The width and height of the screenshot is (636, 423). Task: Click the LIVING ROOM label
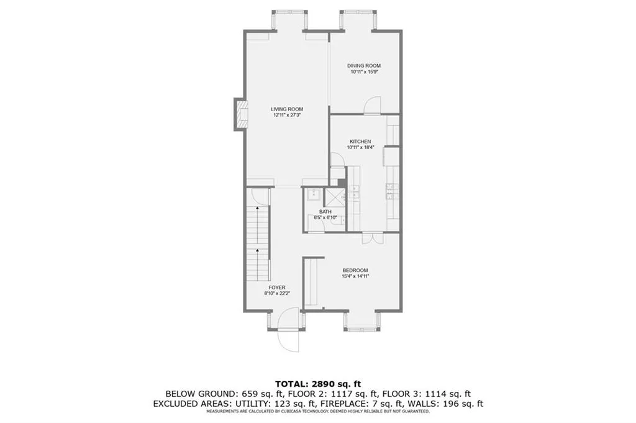(286, 109)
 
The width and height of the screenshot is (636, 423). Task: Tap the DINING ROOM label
(364, 65)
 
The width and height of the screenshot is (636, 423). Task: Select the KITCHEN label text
(360, 141)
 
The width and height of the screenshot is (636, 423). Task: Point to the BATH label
(325, 212)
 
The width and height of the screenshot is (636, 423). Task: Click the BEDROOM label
(356, 270)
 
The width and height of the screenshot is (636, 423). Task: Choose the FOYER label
(277, 288)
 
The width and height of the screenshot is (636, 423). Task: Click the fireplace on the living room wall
(238, 114)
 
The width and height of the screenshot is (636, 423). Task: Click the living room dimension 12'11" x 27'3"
(286, 115)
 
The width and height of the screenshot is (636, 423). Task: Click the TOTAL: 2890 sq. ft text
(318, 383)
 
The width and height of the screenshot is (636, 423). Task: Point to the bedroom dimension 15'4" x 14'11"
(356, 276)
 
